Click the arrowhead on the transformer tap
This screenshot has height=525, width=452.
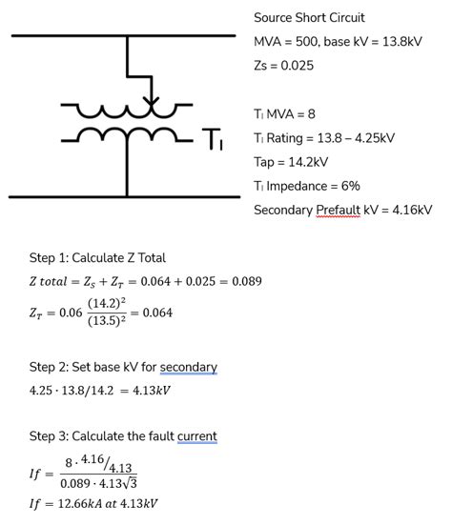click(151, 101)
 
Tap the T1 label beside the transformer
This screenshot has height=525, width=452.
click(212, 139)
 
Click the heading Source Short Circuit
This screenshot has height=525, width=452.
click(309, 18)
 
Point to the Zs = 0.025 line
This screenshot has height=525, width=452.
click(284, 66)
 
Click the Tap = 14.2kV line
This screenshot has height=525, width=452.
click(291, 162)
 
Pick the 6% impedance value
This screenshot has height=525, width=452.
click(351, 186)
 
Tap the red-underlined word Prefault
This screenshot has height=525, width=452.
click(338, 211)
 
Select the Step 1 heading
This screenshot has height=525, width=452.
click(97, 258)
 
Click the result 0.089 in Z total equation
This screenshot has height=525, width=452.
click(247, 281)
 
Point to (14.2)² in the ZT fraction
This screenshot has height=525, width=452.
click(107, 303)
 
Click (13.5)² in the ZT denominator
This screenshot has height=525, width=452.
click(107, 321)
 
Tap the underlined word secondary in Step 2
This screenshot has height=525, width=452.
click(189, 367)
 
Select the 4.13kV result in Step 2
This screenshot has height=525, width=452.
click(152, 391)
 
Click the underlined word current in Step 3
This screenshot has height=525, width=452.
click(197, 436)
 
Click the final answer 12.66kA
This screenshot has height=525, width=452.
click(80, 504)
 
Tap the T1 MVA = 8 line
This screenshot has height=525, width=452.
click(284, 114)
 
